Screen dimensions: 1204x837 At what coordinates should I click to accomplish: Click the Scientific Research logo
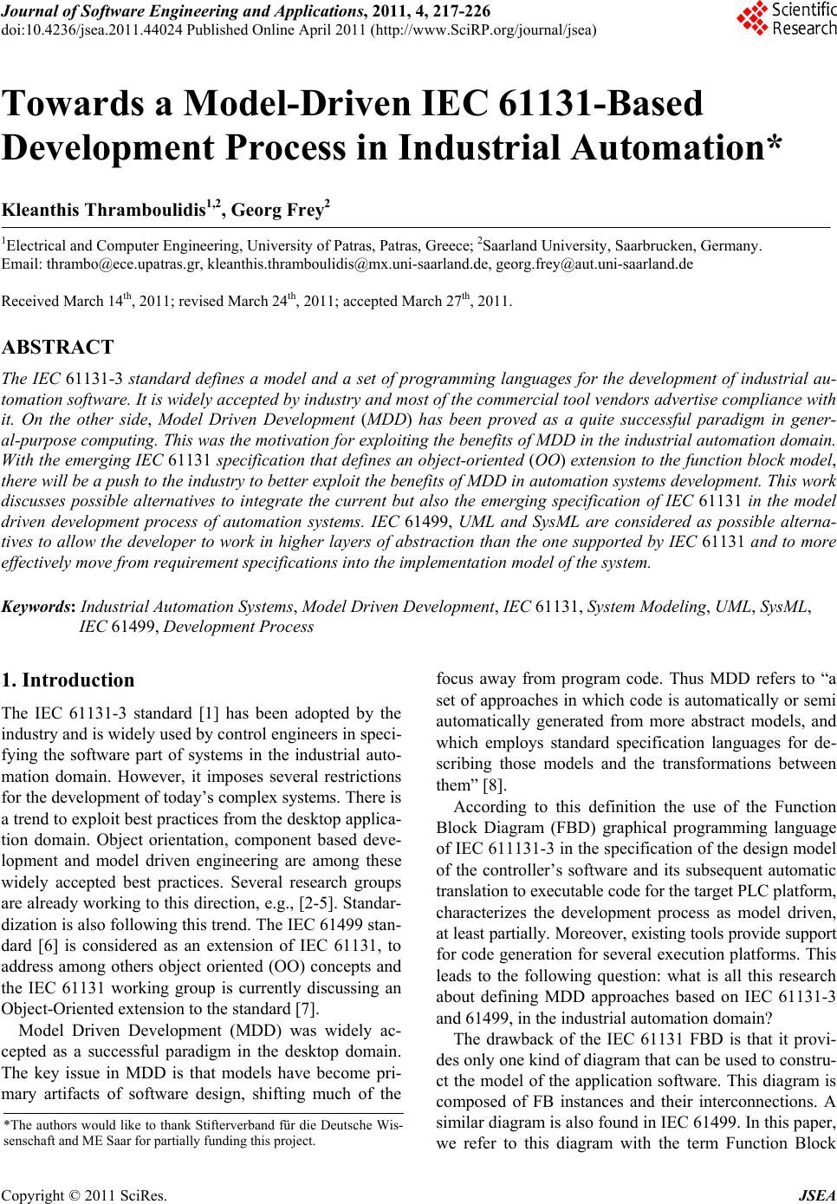(784, 19)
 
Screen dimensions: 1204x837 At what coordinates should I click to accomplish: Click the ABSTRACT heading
(57, 348)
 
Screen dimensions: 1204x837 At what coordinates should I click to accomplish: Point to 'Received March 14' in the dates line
(61, 303)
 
